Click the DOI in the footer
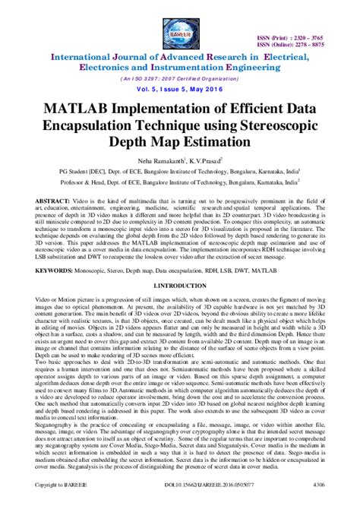(x=179, y=503)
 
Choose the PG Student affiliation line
(x=179, y=176)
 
